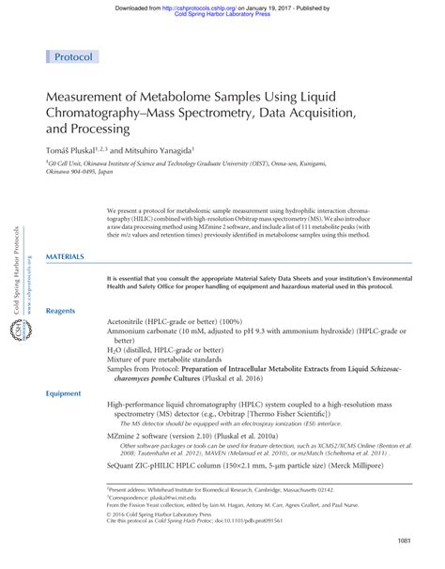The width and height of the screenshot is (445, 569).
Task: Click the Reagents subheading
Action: pyautogui.click(x=61, y=310)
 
